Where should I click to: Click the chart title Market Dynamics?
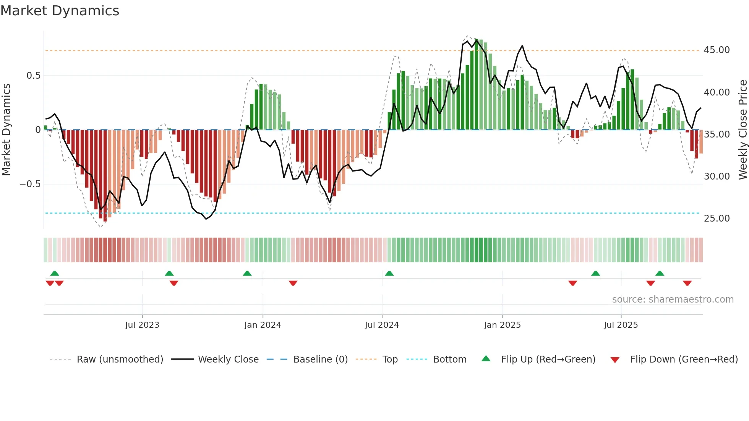(60, 11)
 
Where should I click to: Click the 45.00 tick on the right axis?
(717, 50)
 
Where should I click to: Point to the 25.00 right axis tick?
(717, 218)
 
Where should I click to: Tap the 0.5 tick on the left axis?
(33, 76)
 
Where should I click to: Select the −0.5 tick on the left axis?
(30, 184)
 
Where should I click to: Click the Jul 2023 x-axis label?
(142, 325)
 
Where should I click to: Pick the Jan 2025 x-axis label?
(502, 325)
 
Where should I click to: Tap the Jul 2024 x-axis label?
(381, 325)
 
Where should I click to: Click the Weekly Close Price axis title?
(743, 130)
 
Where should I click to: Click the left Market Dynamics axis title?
(6, 130)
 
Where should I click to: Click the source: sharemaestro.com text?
(673, 300)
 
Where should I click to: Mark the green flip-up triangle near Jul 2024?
(389, 273)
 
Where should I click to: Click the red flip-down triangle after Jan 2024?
(293, 283)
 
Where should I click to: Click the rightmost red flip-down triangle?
(687, 283)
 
